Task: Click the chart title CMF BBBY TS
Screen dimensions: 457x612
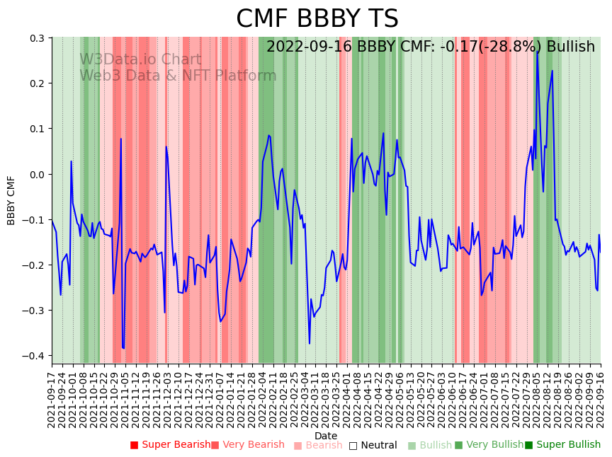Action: (317, 19)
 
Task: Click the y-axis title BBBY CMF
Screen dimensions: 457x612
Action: (11, 200)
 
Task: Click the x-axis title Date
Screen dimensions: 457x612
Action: (326, 436)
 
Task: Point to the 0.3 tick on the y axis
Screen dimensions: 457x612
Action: (36, 38)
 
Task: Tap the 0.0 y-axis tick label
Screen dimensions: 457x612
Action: (36, 174)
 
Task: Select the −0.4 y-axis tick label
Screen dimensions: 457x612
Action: (33, 356)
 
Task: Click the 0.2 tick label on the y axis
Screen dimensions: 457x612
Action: (36, 83)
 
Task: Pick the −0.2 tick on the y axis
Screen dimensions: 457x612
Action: (33, 265)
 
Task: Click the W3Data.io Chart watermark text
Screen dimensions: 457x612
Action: (140, 60)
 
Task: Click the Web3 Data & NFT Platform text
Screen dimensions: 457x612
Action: (178, 76)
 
